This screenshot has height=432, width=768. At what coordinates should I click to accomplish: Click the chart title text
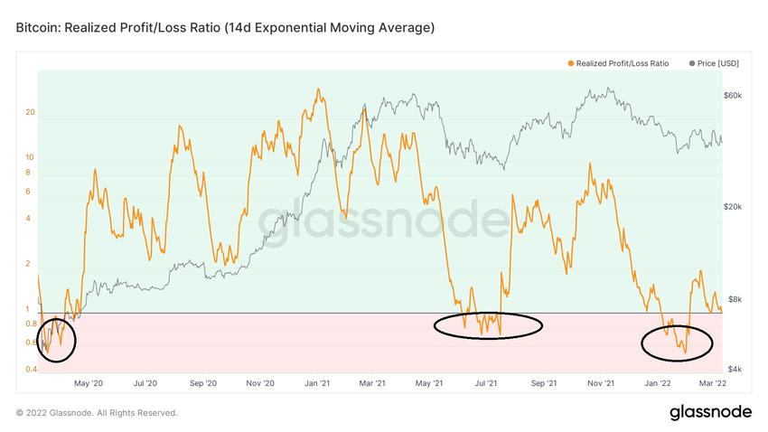point(225,28)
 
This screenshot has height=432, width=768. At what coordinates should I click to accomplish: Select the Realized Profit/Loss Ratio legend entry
point(618,63)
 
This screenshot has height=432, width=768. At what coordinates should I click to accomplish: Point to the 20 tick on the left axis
point(30,113)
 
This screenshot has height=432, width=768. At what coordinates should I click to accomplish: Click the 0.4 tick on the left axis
point(30,370)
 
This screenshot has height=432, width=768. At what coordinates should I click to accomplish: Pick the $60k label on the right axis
point(733,95)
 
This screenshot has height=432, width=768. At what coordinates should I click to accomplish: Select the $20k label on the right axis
point(733,206)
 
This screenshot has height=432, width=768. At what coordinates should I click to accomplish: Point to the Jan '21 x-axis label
point(316,383)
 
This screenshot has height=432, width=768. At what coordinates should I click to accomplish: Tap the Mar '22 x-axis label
point(713,383)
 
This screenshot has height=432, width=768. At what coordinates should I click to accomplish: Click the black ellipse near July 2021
point(488,325)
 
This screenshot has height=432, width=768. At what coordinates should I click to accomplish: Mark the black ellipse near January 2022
point(677,343)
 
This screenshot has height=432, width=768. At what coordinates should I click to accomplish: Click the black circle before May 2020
point(56,339)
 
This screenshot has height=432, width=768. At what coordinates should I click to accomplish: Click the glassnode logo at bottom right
point(710,412)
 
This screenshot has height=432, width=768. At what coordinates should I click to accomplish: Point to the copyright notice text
point(97,413)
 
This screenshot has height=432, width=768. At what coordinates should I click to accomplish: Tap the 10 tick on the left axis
point(30,157)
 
